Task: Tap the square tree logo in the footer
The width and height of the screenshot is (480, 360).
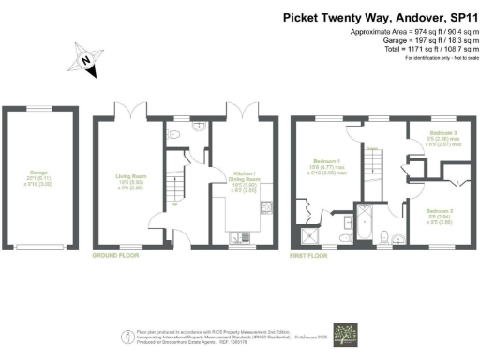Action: pyautogui.click(x=351, y=335)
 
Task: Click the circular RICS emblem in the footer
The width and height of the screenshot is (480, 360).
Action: pyautogui.click(x=127, y=336)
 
